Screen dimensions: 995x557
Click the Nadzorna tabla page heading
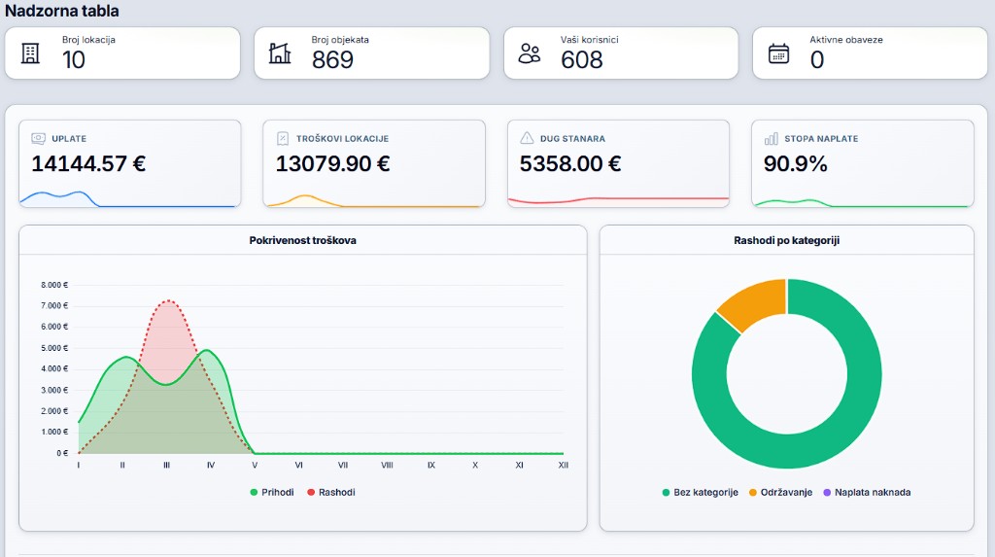61,11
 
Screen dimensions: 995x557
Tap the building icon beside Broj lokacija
30,53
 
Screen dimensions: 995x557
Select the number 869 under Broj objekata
332,59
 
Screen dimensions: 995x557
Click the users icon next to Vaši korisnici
530,53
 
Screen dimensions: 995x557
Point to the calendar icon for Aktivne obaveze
778,53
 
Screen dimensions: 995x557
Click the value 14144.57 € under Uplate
88,164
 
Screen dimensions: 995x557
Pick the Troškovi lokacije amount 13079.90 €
332,164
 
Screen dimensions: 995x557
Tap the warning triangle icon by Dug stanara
527,138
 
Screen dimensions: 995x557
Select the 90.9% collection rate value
795,164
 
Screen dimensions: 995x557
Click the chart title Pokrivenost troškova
303,241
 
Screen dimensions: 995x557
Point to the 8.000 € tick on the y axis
54,285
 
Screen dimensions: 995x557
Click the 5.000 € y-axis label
54,348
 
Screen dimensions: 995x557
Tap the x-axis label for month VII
343,465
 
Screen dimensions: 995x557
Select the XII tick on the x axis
563,465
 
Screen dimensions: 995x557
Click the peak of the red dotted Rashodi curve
168,300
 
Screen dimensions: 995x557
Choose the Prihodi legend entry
272,492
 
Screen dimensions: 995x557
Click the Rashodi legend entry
330,492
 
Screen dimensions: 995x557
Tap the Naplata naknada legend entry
867,492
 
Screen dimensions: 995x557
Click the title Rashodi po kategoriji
786,241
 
